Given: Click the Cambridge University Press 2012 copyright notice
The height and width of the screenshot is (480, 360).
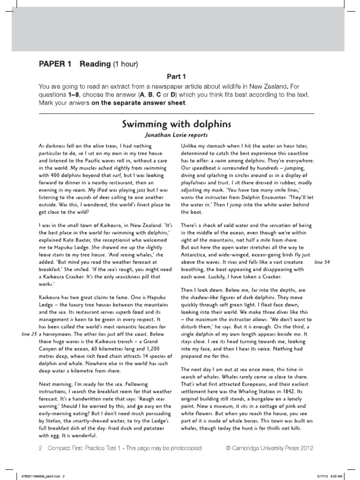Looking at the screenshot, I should point(270,448).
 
